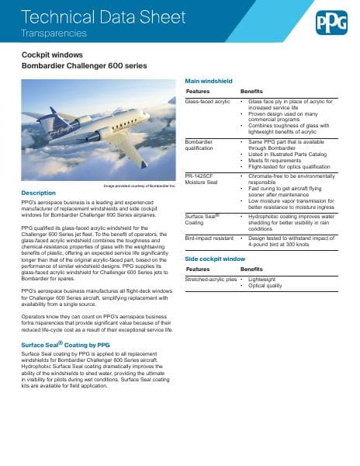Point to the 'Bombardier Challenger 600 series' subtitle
83,67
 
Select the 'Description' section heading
38,193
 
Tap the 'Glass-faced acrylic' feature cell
207,102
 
